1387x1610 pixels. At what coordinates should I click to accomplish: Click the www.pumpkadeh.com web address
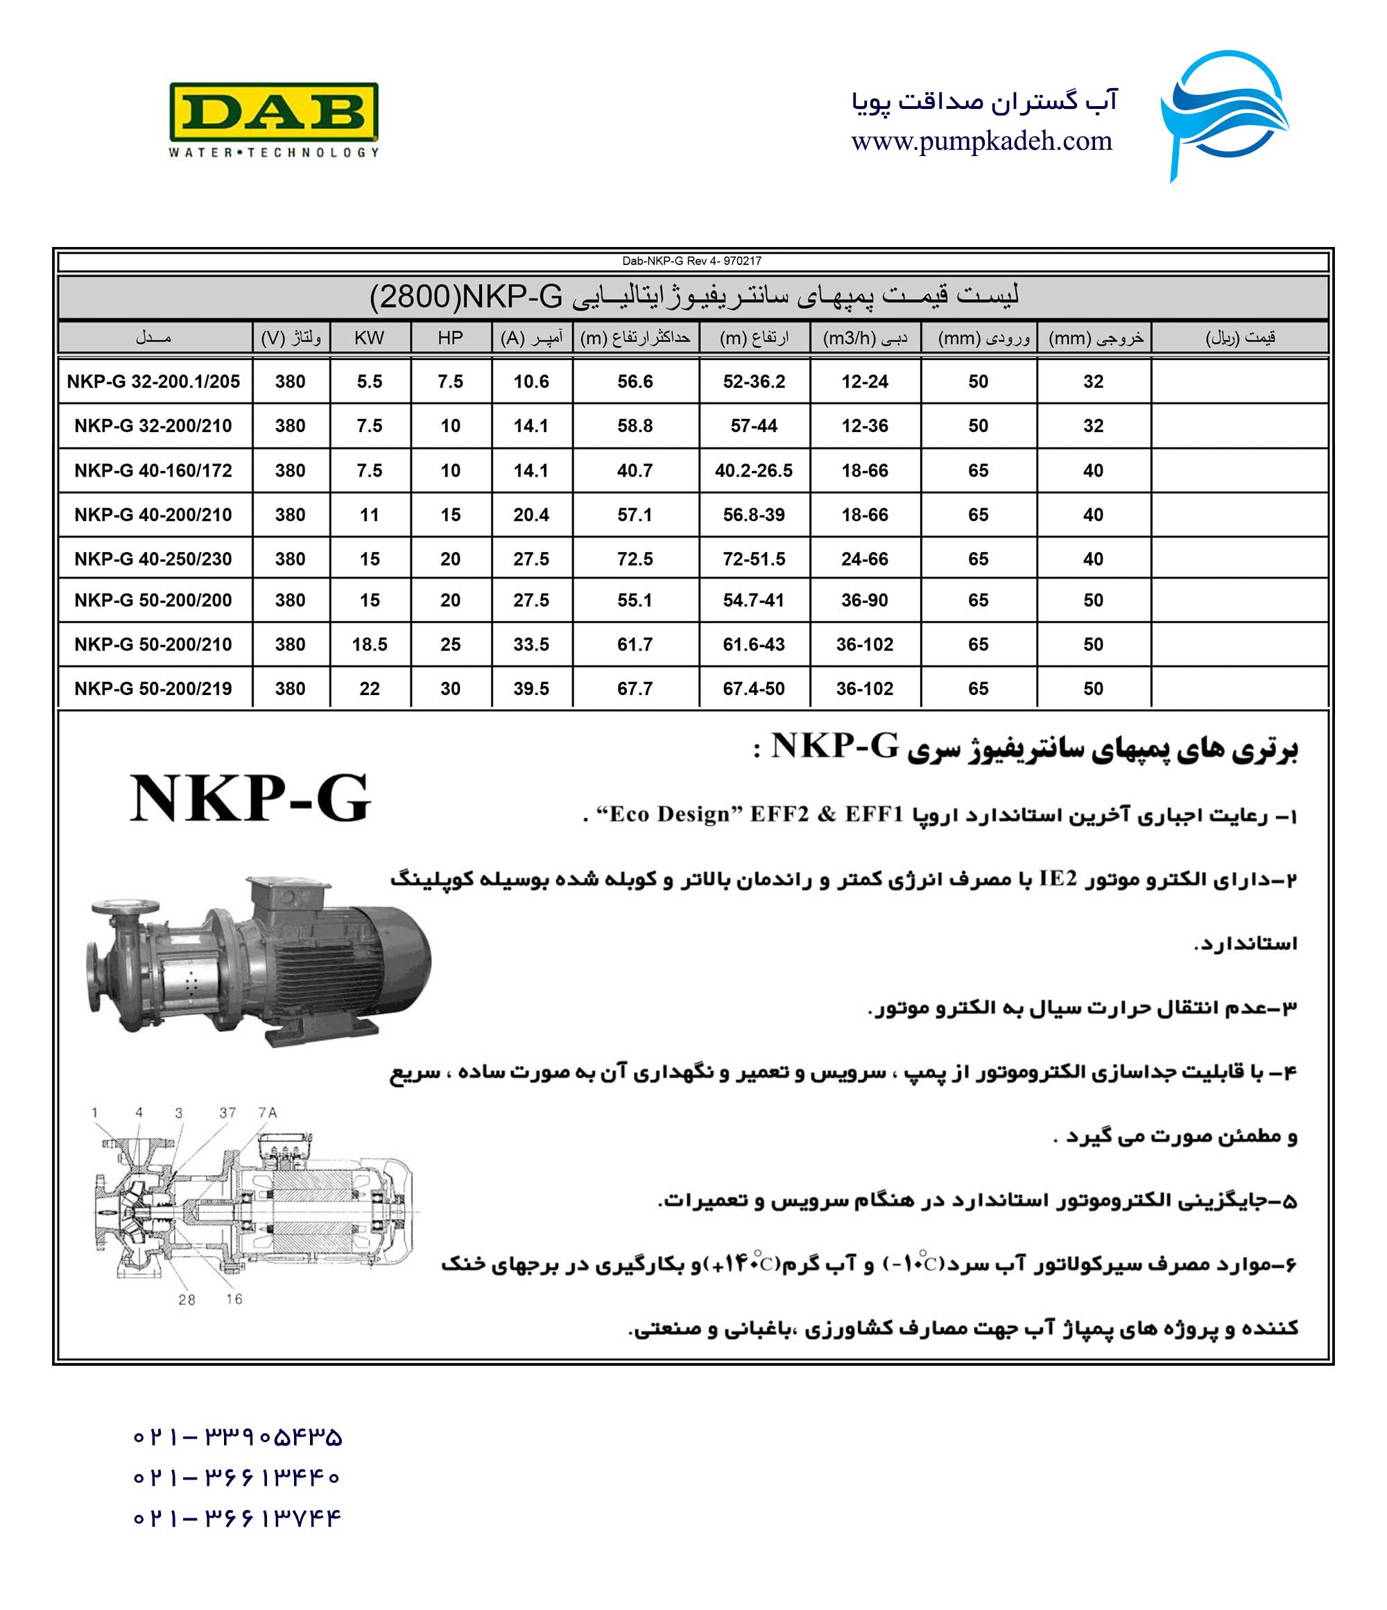981,142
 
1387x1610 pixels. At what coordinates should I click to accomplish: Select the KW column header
369,338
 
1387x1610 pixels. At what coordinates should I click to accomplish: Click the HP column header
450,338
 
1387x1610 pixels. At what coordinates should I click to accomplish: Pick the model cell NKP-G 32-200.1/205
153,382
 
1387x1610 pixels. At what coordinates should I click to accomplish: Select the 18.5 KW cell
369,645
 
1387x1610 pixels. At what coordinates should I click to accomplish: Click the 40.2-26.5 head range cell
754,471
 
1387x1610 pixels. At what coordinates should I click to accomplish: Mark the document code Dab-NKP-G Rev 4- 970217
691,261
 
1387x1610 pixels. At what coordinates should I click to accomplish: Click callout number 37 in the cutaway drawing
227,1113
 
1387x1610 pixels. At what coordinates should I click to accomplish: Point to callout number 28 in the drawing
187,1300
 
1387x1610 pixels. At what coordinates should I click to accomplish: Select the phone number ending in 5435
237,1437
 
